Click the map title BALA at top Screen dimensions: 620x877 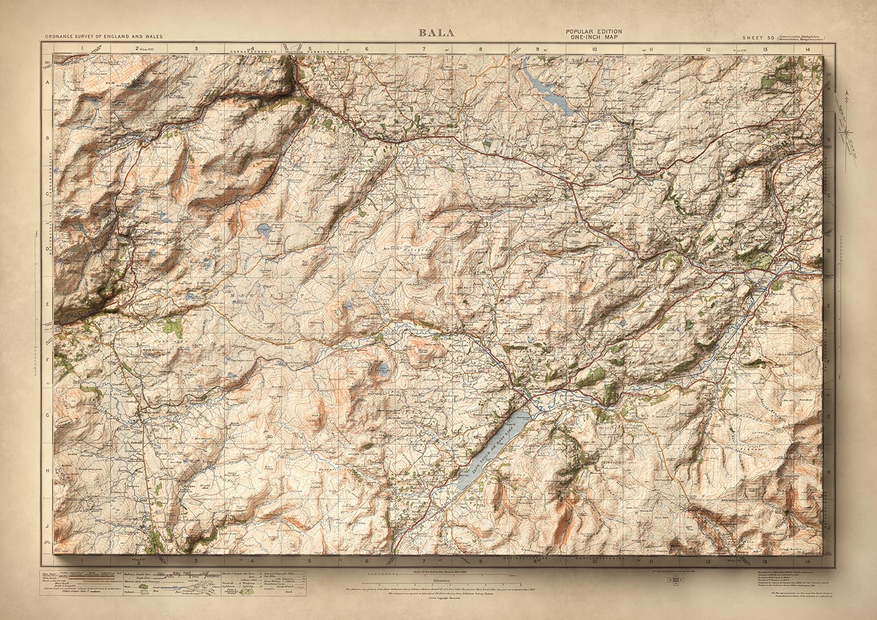coord(436,33)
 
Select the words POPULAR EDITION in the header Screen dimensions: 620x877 coord(593,32)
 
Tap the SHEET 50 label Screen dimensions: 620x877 coord(758,37)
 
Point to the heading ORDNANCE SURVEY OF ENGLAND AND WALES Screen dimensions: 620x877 coord(103,37)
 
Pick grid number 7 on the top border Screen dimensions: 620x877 coord(424,49)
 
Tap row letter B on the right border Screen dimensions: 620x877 coord(828,140)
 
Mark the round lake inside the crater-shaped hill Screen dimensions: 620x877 coord(383,369)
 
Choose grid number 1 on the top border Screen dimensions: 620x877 coord(83,49)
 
